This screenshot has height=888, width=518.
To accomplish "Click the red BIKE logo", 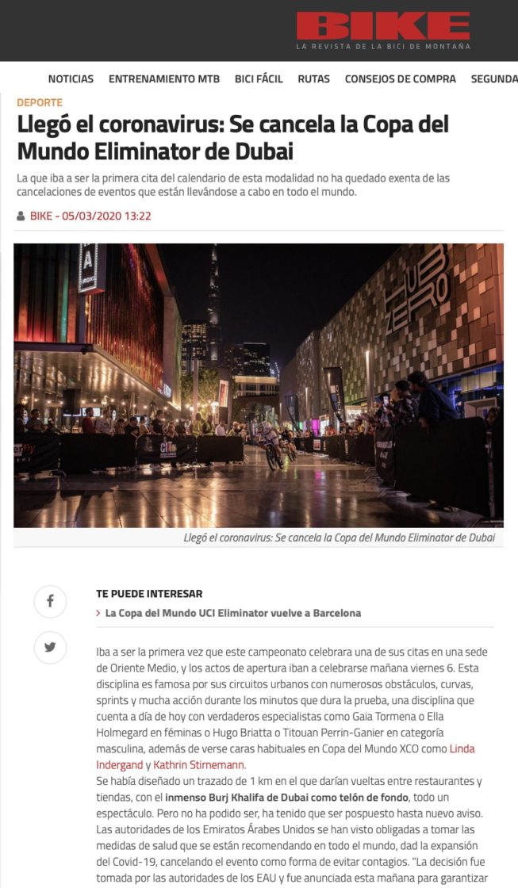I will click(383, 25).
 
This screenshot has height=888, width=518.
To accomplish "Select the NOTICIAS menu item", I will click(71, 78).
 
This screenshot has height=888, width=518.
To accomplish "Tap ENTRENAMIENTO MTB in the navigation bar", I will click(164, 78).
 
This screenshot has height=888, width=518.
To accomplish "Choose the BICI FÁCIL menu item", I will click(259, 78).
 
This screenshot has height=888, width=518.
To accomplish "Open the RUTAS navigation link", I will click(313, 78).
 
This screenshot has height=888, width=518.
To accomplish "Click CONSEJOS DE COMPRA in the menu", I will click(400, 78).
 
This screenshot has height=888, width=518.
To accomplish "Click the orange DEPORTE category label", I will click(40, 102).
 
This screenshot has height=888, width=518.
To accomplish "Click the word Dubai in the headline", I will click(263, 151).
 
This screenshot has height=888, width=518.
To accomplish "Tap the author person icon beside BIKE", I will click(21, 216).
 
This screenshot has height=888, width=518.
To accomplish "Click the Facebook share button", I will click(50, 602).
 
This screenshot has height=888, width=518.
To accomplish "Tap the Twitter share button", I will click(50, 647).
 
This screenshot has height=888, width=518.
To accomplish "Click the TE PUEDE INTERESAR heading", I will click(149, 593).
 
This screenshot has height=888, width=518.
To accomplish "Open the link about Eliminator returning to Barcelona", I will click(232, 613).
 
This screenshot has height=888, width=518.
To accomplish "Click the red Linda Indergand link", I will click(284, 756).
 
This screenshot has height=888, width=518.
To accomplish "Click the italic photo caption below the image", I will click(339, 538).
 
